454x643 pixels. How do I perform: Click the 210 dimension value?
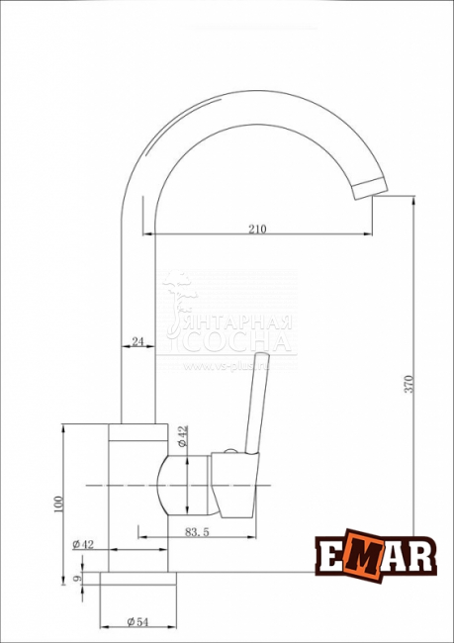coord(257,229)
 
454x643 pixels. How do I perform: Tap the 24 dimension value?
coord(136,341)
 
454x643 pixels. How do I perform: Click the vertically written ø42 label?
coord(183,436)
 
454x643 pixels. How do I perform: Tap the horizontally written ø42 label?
coord(83,545)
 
